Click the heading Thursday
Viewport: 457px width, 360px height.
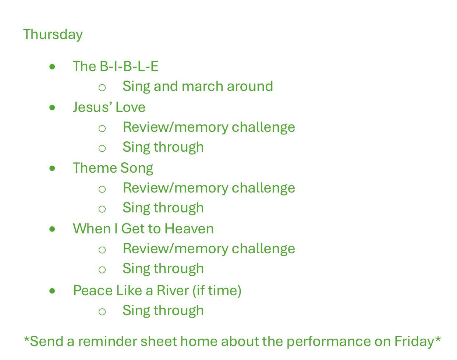pos(53,35)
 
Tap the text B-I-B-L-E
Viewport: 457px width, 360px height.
pos(129,66)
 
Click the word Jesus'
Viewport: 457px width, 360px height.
pos(93,107)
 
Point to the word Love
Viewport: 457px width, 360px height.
pos(130,107)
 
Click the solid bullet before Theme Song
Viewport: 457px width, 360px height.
pos(52,168)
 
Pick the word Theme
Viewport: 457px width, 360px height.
pos(95,168)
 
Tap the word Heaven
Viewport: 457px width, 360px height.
pos(189,229)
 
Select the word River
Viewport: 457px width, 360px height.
pos(173,290)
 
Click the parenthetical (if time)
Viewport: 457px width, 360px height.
pos(217,291)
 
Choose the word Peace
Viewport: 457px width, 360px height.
pos(93,290)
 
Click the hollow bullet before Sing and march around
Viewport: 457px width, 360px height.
pos(102,88)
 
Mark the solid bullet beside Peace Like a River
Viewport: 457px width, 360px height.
pos(52,291)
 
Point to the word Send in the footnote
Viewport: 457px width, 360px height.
pos(46,341)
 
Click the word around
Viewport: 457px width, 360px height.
pos(250,86)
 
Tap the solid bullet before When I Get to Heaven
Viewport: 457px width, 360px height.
pos(52,229)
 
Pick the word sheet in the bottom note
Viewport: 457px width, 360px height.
pos(159,341)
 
